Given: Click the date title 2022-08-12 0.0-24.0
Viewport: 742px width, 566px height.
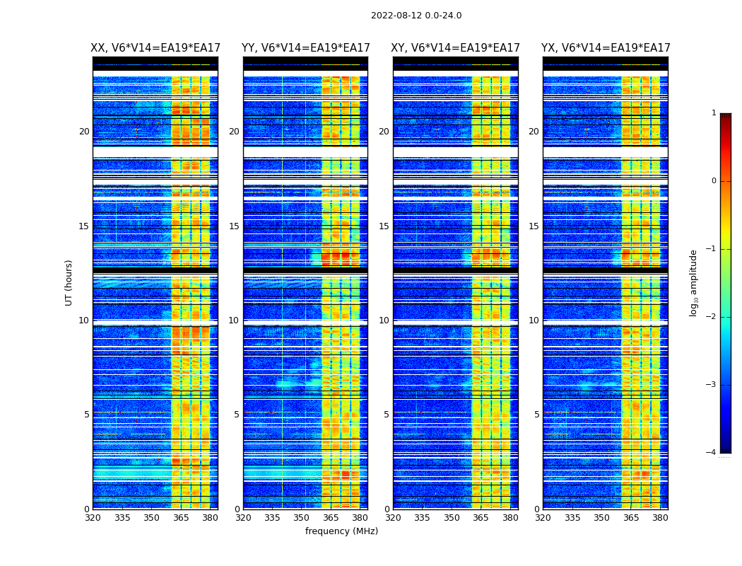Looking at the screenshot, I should pyautogui.click(x=416, y=16).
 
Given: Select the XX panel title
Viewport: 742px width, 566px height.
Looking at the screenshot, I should pyautogui.click(x=155, y=48).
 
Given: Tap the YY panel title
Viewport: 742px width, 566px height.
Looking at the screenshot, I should pyautogui.click(x=305, y=48).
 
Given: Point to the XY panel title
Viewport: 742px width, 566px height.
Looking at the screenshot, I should pyautogui.click(x=456, y=48).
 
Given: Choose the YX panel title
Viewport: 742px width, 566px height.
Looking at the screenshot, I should pyautogui.click(x=606, y=48).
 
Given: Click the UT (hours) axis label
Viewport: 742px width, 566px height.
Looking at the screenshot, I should pyautogui.click(x=69, y=282).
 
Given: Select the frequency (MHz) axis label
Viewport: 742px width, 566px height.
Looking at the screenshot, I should pyautogui.click(x=341, y=531).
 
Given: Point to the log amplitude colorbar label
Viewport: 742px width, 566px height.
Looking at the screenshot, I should pyautogui.click(x=694, y=282).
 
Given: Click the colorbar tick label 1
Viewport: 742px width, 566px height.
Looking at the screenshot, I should pyautogui.click(x=714, y=113).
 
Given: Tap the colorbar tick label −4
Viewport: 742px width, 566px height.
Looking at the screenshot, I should pyautogui.click(x=712, y=453).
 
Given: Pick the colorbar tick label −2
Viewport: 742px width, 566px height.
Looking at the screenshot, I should pyautogui.click(x=712, y=317).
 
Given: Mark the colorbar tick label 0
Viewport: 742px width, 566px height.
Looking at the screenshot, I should pyautogui.click(x=714, y=181).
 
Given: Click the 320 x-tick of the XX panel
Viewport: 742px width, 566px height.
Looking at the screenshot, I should pyautogui.click(x=93, y=518).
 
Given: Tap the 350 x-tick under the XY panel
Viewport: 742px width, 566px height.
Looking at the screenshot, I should pyautogui.click(x=452, y=518).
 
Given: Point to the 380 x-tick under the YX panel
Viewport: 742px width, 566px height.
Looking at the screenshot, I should pyautogui.click(x=660, y=518).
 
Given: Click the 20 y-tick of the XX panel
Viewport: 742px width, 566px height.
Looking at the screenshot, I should pyautogui.click(x=84, y=132).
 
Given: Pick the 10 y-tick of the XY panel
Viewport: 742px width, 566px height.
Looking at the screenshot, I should pyautogui.click(x=384, y=320).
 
